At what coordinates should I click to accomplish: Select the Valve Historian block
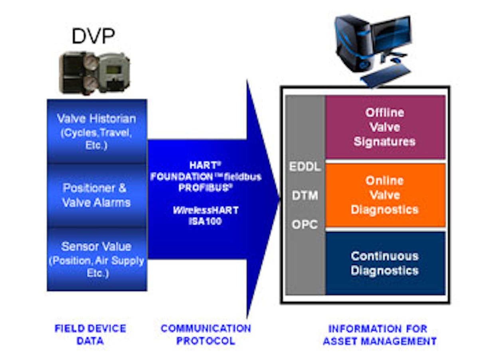coord(96,131)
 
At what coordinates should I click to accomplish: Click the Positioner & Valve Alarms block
coord(96,195)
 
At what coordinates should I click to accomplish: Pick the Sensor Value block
coord(96,260)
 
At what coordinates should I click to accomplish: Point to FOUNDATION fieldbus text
coord(206,176)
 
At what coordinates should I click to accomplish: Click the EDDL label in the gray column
coord(305,167)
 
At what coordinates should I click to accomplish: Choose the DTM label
coord(305,196)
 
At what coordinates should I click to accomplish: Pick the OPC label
coord(305,225)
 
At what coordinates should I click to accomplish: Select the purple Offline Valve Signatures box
coord(385,127)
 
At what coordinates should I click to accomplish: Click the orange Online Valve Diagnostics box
coord(385,195)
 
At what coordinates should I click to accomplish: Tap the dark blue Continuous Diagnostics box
coord(385,263)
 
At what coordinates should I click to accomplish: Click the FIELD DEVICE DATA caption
coord(90,334)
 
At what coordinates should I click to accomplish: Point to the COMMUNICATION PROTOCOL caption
coord(206,334)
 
